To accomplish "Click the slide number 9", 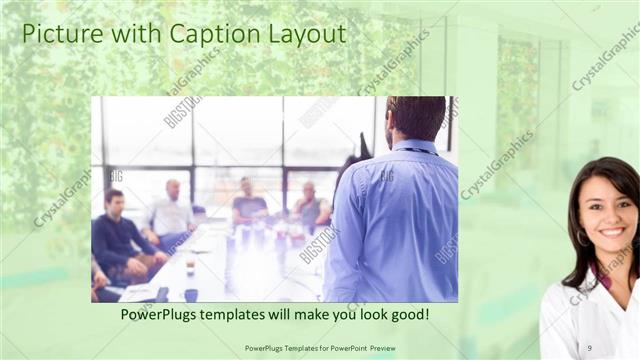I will (589, 347).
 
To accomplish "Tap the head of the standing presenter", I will (416, 117).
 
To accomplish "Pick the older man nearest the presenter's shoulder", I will (308, 205).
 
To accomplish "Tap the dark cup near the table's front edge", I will (191, 294).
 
